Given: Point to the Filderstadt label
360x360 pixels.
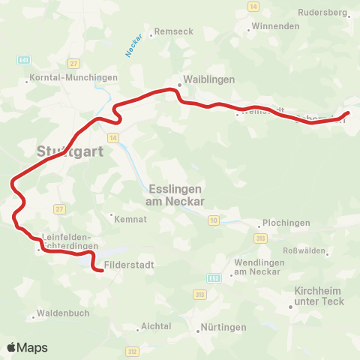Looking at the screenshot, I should pos(129,265).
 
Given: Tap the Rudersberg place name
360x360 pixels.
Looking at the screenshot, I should pos(322,13).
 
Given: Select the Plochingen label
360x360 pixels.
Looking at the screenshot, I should pos(288,223).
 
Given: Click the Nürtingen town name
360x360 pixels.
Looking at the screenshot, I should pos(223,328).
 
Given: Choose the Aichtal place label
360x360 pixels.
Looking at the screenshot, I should pos(157,326).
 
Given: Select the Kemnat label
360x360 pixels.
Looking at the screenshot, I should pos(124,219).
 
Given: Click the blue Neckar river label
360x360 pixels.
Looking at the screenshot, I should pos(133,50).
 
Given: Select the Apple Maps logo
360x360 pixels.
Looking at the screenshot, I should pos(27,347).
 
